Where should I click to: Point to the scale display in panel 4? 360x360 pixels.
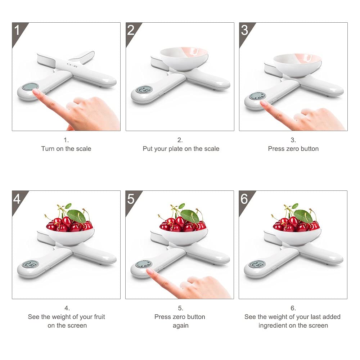coord(30,265)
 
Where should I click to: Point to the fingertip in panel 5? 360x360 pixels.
coord(150,271)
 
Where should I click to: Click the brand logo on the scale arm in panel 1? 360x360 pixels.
coord(72,65)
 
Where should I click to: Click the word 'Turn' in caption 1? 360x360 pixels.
coord(48,149)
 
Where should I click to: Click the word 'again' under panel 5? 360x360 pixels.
coord(180,326)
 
